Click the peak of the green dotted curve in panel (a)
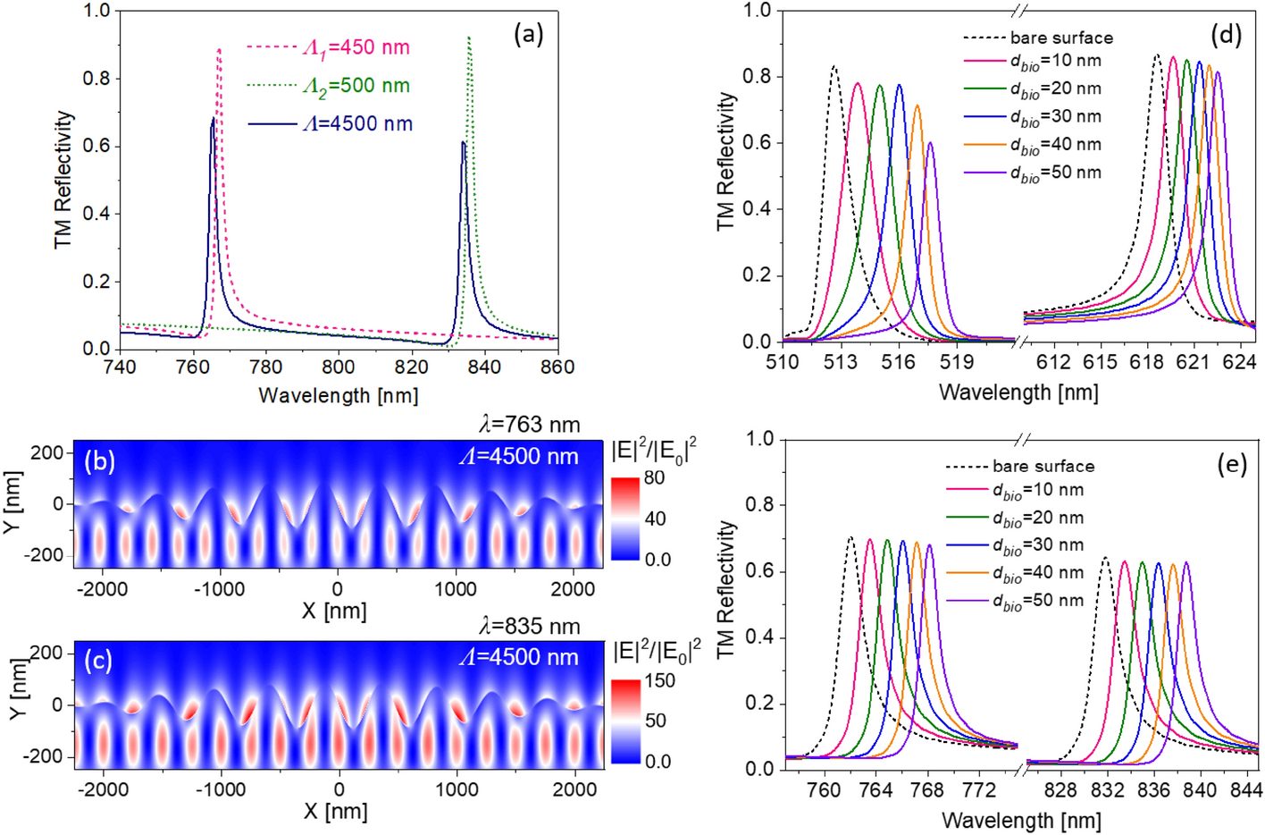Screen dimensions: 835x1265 click(x=469, y=38)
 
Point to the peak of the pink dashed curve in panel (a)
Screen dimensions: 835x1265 click(x=219, y=50)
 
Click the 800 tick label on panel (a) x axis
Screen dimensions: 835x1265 click(x=338, y=367)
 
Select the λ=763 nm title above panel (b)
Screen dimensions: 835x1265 click(x=529, y=425)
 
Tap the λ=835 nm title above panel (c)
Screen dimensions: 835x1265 click(x=529, y=627)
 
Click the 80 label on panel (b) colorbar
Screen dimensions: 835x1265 click(x=654, y=477)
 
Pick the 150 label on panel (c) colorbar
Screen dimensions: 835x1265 click(x=659, y=680)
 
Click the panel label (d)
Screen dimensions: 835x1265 click(x=1226, y=35)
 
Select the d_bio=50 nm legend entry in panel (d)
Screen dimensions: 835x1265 click(x=1055, y=173)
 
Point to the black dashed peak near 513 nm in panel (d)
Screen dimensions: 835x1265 click(x=834, y=66)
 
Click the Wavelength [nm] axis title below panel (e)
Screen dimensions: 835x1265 click(x=1021, y=820)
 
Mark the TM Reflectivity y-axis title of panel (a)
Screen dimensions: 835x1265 click(x=63, y=180)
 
